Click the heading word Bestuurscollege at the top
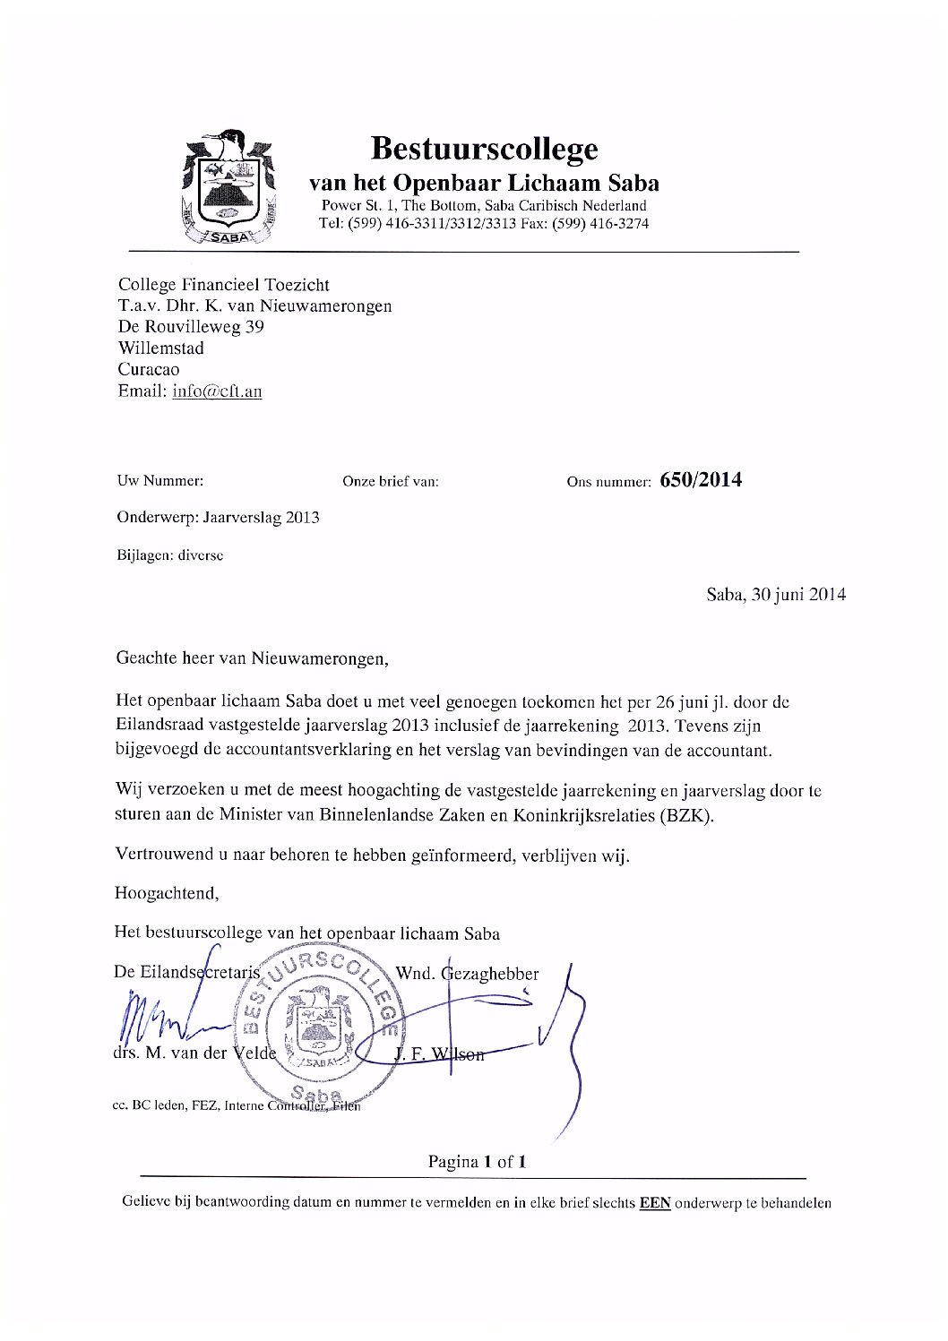pyautogui.click(x=484, y=147)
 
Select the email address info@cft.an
pyautogui.click(x=217, y=391)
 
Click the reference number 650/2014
pyautogui.click(x=701, y=480)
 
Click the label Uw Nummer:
pyautogui.click(x=160, y=481)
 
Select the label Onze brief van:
pyautogui.click(x=391, y=482)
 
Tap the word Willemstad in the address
pyautogui.click(x=161, y=348)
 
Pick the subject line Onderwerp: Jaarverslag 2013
pyautogui.click(x=218, y=517)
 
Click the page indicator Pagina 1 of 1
pyautogui.click(x=476, y=1162)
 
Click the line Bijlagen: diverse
pyautogui.click(x=170, y=554)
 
